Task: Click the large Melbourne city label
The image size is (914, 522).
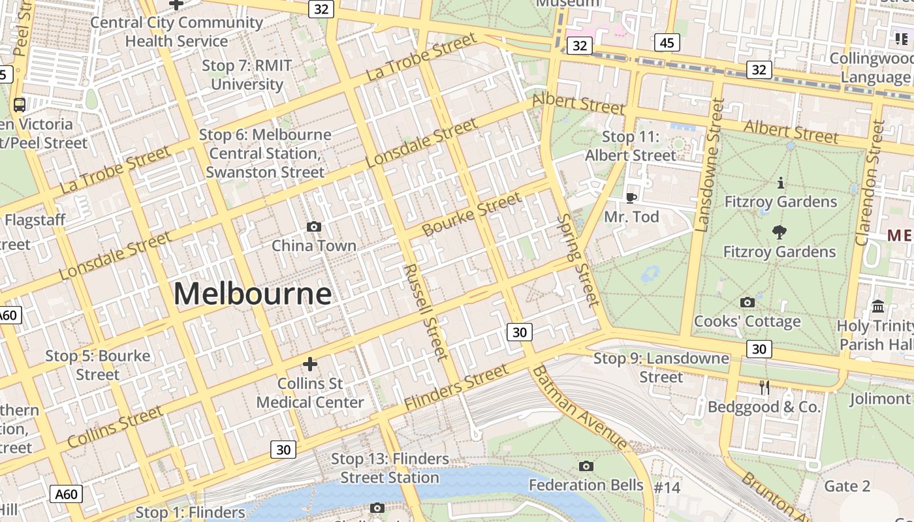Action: [x=253, y=294]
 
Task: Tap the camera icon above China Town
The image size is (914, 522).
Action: [x=314, y=226]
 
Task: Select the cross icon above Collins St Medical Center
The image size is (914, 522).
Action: [x=310, y=363]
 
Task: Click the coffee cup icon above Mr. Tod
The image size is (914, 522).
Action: [x=631, y=197]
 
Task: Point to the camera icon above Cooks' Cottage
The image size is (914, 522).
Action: [x=748, y=302]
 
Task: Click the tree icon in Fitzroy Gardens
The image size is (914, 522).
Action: [x=779, y=231]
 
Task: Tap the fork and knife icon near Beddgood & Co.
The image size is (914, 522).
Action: [x=764, y=388]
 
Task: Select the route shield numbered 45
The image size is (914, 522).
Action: [x=667, y=43]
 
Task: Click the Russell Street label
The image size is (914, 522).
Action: [x=426, y=312]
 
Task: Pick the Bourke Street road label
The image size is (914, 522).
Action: [x=472, y=215]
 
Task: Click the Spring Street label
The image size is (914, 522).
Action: [x=578, y=260]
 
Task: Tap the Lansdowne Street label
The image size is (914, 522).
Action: [x=710, y=165]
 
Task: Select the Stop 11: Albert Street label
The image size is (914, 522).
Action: [x=631, y=146]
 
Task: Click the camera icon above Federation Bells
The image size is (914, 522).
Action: [x=586, y=466]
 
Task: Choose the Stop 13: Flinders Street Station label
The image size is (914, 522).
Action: [x=390, y=468]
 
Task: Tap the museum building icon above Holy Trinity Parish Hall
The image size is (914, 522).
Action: [x=878, y=306]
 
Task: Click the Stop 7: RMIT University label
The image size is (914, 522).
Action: [x=247, y=75]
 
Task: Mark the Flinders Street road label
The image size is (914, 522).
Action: [x=456, y=388]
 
